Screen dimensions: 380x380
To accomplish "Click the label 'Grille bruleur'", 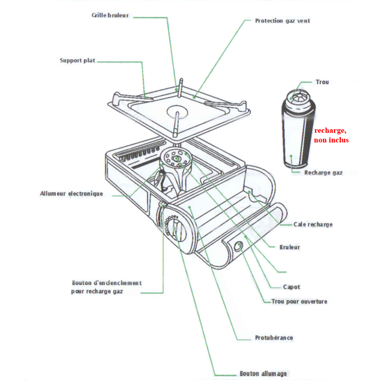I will tap(110, 15).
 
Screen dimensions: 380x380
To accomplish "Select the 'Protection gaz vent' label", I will tap(282, 20).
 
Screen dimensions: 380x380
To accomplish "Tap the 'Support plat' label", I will tap(78, 61).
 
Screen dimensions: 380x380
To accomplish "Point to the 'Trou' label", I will tap(322, 82).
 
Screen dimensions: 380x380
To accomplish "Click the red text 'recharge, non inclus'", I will tap(331, 135).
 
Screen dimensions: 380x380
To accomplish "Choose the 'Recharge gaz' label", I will tap(323, 173).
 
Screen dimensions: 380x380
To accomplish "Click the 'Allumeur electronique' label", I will tap(72, 194).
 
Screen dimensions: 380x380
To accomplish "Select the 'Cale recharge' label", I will tap(313, 224).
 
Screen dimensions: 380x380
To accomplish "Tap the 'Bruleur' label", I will tap(290, 247).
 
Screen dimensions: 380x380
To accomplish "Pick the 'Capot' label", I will tap(291, 287).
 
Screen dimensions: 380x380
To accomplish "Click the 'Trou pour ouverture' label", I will tap(299, 301).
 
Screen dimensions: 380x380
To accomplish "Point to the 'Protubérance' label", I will tap(274, 338).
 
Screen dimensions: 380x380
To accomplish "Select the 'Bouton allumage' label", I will tap(263, 374).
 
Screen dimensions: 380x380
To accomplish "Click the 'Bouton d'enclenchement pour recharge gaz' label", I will tap(106, 287).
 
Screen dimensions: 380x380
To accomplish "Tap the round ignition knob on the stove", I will tap(175, 229).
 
